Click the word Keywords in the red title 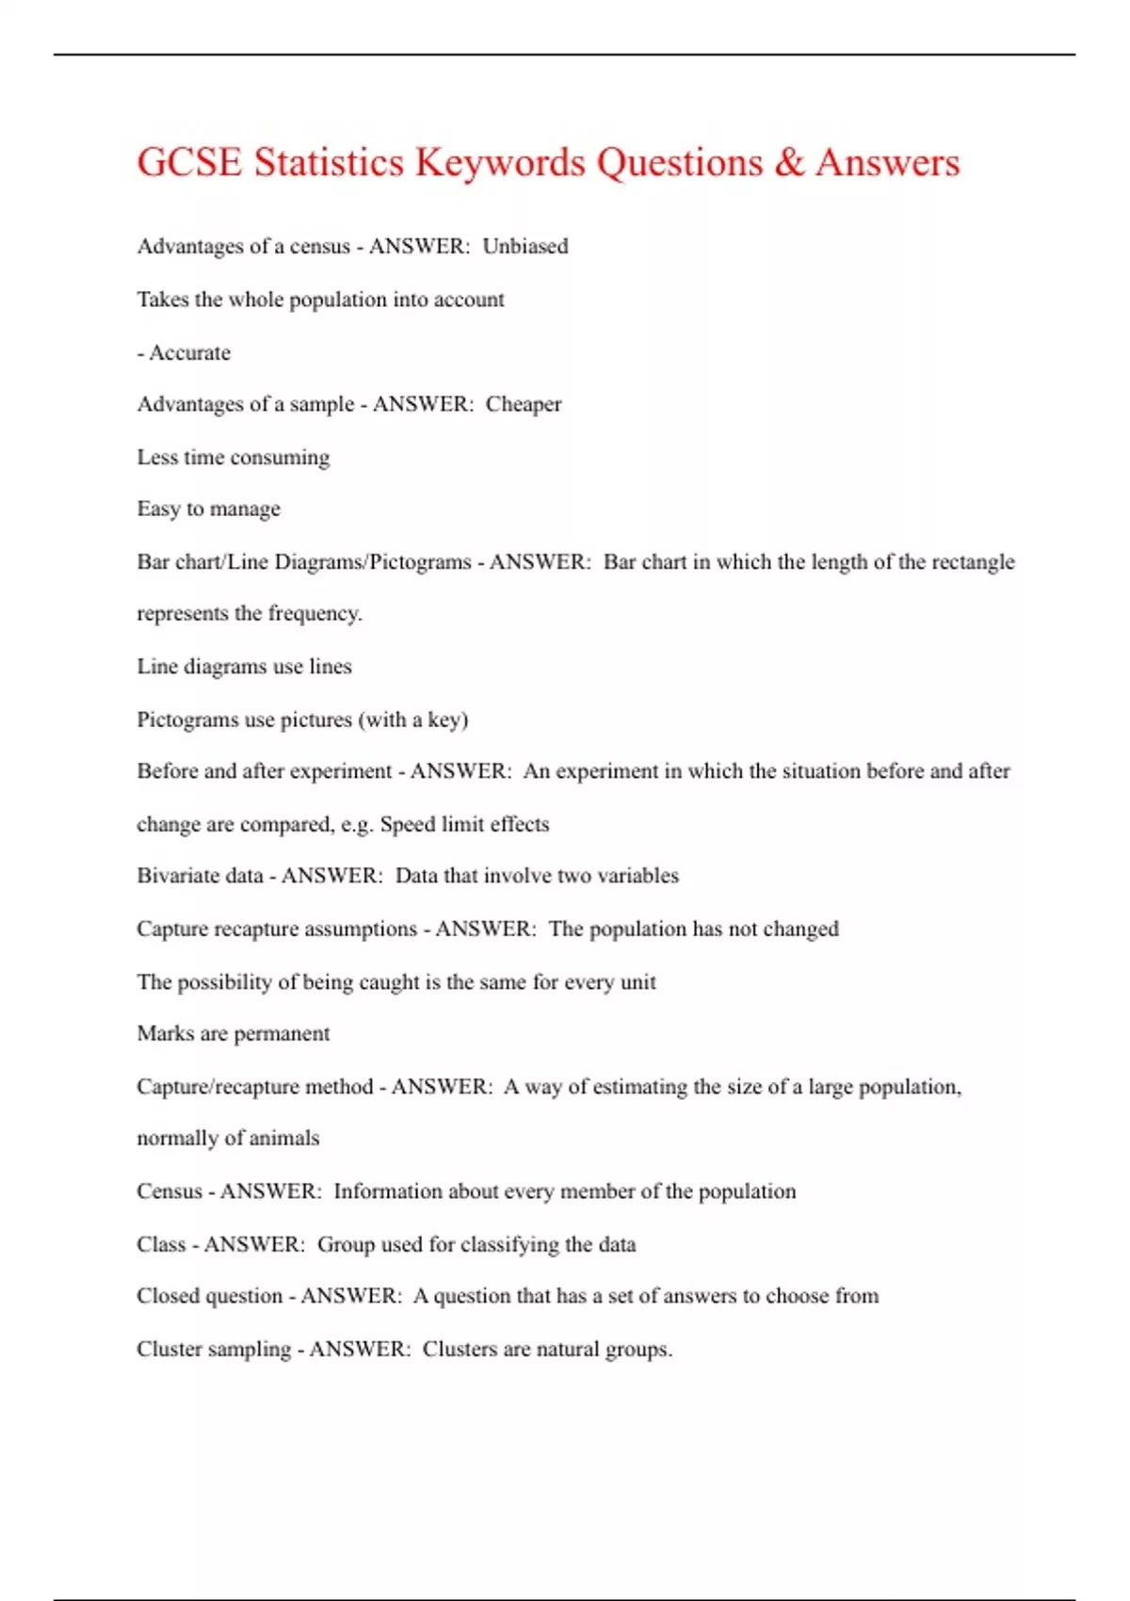pyautogui.click(x=500, y=163)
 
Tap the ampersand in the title pyautogui.click(x=789, y=162)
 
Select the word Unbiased pyautogui.click(x=525, y=247)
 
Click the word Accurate pyautogui.click(x=189, y=353)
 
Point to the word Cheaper pyautogui.click(x=524, y=405)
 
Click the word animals pyautogui.click(x=284, y=1139)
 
